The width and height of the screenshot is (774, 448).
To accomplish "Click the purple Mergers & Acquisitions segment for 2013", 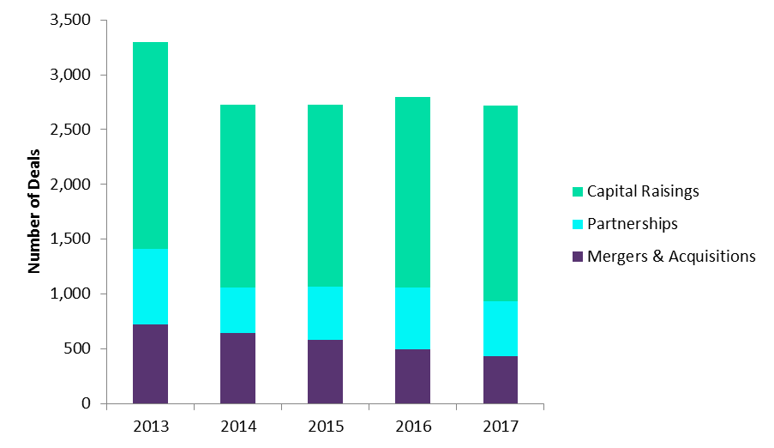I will point(150,364).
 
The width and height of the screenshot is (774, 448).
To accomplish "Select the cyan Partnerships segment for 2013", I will point(150,287).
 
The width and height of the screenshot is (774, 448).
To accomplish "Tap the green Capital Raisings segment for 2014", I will point(237,196).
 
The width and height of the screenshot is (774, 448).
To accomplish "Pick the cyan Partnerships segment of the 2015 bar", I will point(325,313).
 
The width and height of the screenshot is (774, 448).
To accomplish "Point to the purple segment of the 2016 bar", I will point(412,376).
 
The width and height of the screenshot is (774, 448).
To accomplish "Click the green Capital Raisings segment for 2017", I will point(500,203).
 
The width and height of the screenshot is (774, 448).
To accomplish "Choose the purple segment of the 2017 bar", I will point(500,379).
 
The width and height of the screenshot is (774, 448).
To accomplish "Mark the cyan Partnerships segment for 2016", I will point(412,318).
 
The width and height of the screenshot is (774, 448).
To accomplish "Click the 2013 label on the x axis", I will point(150,424).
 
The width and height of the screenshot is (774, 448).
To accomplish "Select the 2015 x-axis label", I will point(325,424).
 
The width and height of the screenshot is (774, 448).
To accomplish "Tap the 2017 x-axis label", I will point(500,424).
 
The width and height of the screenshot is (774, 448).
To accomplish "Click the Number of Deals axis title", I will point(35,211).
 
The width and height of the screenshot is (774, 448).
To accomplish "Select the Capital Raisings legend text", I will point(643,191).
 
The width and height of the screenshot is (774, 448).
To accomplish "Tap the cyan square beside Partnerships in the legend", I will point(577,224).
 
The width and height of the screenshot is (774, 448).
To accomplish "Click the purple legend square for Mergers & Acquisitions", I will point(577,256).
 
